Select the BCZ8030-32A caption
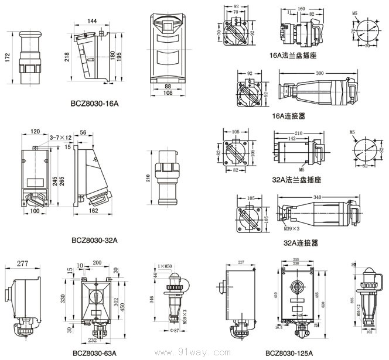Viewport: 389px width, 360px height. click(x=94, y=240)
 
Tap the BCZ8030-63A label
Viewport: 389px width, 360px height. click(x=94, y=353)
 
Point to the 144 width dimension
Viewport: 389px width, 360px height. click(x=92, y=21)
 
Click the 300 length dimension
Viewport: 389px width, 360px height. click(x=319, y=73)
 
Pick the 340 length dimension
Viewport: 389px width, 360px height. click(x=320, y=197)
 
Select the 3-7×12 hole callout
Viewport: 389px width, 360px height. click(x=60, y=137)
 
